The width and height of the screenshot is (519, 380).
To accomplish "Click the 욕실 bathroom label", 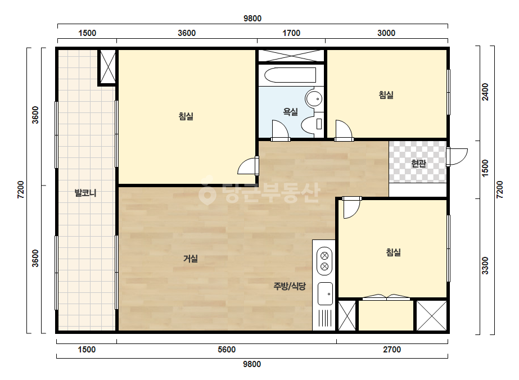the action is [290, 112].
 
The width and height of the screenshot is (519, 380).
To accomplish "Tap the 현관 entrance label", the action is [418, 163].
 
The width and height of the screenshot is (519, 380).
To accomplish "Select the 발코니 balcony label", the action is [85, 193].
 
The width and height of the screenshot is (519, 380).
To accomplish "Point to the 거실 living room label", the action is [191, 259].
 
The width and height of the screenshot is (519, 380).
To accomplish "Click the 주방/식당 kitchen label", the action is [290, 286].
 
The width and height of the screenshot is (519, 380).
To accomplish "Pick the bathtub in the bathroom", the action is [290, 75].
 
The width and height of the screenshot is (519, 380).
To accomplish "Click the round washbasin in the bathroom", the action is [314, 98].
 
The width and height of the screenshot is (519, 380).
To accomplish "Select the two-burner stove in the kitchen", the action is [324, 261].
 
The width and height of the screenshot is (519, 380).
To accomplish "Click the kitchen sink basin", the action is [325, 293].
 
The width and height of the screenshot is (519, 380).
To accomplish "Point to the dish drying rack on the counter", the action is [325, 318].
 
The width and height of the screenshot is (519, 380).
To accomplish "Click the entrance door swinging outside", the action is [457, 157].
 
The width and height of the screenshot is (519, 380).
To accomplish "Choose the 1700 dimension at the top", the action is [291, 33].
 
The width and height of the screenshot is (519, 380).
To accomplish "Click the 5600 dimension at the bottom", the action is [227, 350].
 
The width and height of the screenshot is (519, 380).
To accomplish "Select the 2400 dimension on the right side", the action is [485, 92].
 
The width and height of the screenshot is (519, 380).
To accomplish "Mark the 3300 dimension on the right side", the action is [485, 265].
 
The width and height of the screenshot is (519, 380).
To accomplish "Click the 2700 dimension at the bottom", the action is [392, 350].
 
